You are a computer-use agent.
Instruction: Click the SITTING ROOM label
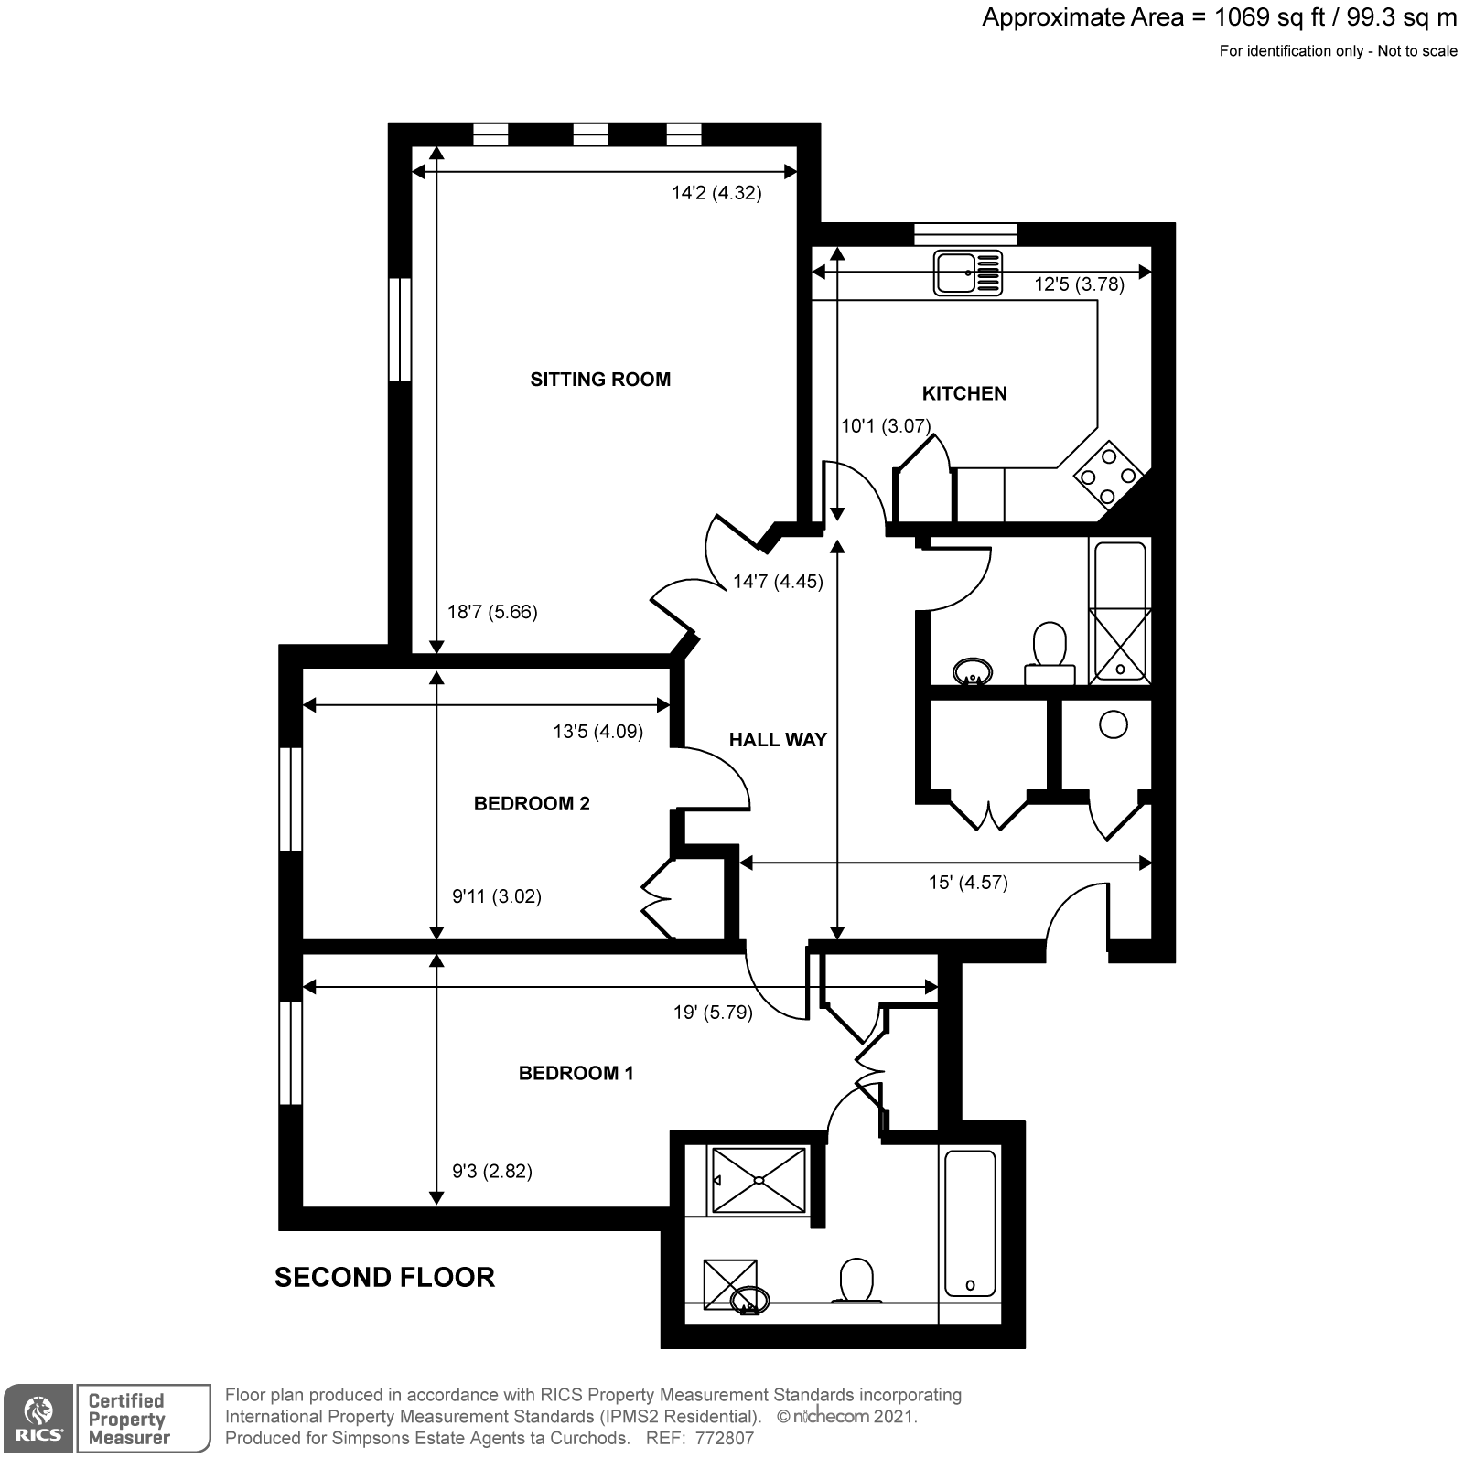[600, 380]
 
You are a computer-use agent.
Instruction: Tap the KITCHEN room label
[964, 393]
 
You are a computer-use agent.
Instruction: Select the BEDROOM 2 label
[532, 804]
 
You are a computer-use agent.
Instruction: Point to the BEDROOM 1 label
[576, 1073]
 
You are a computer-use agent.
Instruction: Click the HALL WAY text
[778, 740]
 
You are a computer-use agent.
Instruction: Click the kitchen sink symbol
[967, 273]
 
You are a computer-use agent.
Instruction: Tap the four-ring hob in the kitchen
[1108, 475]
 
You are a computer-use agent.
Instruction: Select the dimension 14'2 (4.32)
[716, 193]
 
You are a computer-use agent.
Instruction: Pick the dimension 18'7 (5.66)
[492, 612]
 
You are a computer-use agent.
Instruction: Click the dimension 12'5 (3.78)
[1079, 284]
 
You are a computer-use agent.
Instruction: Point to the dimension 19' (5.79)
[713, 1013]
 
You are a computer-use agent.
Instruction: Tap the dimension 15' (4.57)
[968, 883]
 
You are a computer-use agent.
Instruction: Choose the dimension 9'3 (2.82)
[492, 1171]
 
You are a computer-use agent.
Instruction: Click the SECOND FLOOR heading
[384, 1277]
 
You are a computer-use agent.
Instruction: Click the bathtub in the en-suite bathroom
[970, 1224]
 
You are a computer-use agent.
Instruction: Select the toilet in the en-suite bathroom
[856, 1280]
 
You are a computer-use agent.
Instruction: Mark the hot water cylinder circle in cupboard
[1113, 725]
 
